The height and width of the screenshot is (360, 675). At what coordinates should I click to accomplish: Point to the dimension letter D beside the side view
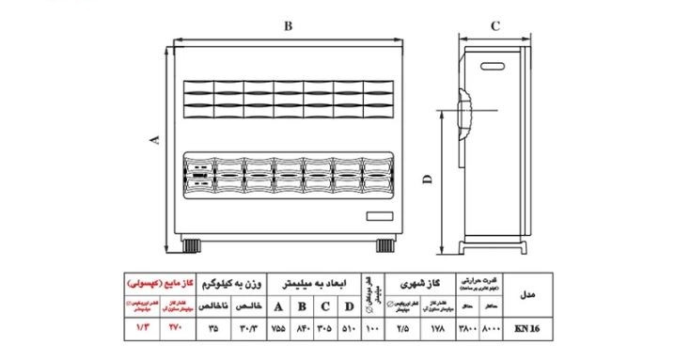(427, 180)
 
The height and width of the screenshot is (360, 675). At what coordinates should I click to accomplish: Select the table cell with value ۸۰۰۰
(493, 330)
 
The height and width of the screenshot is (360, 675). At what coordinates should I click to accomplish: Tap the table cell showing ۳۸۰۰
(467, 330)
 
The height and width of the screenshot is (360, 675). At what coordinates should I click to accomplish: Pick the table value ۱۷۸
(437, 330)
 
